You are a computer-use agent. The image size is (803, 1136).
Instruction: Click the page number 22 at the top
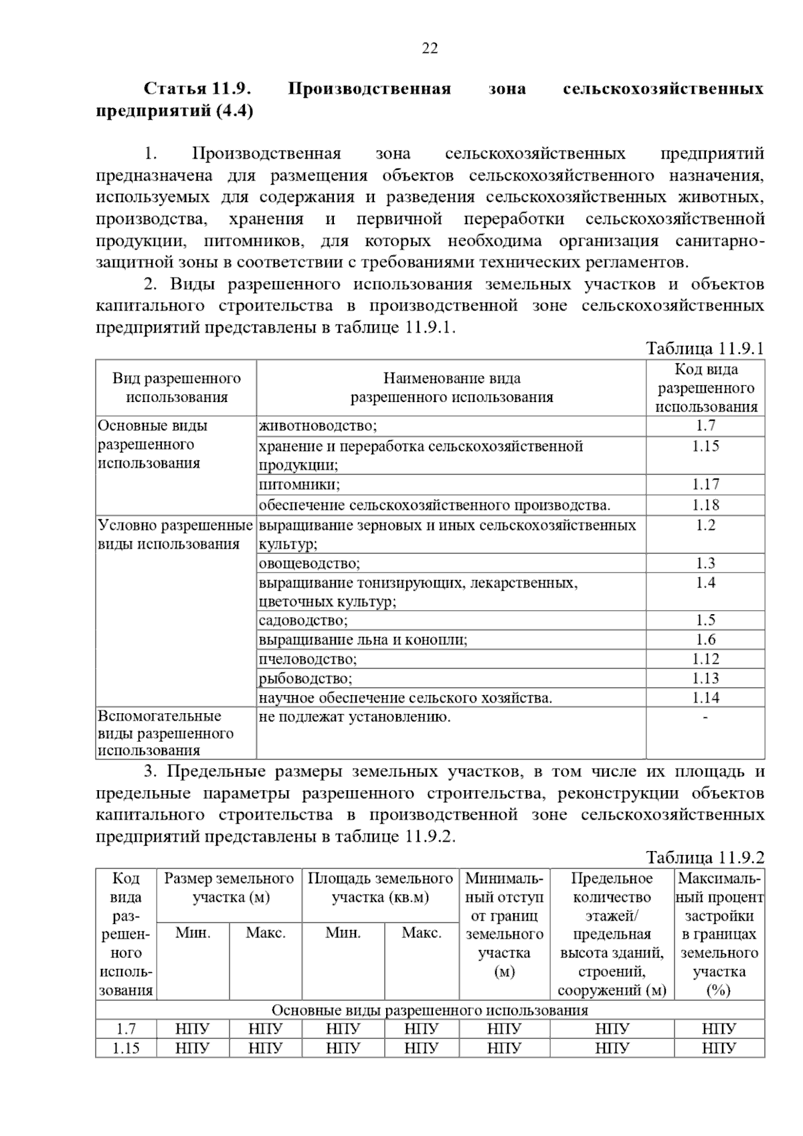(430, 48)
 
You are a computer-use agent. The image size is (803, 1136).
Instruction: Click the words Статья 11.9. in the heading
(197, 88)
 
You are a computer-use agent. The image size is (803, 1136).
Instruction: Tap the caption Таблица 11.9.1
(704, 349)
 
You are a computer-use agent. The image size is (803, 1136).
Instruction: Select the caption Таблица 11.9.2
(704, 858)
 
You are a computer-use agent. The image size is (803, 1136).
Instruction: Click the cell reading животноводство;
(318, 426)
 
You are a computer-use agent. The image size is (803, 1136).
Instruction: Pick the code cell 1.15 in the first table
(705, 446)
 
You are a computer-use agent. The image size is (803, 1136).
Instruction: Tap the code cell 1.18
(705, 505)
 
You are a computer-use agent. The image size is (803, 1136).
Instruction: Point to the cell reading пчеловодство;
(308, 660)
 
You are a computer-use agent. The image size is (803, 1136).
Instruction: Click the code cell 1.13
(705, 678)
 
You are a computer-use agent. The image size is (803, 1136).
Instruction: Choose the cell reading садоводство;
(303, 621)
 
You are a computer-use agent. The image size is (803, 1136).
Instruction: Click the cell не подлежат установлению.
(355, 718)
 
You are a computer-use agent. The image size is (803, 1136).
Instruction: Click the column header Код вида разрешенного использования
(705, 388)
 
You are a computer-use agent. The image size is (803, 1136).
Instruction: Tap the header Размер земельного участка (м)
(229, 887)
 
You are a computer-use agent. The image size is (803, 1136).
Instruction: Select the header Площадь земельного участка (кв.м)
(380, 887)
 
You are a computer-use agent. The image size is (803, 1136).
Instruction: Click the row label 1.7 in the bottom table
(126, 1029)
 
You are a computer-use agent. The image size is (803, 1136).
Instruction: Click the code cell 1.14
(705, 698)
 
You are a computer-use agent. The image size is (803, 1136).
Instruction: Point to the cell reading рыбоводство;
(305, 679)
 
